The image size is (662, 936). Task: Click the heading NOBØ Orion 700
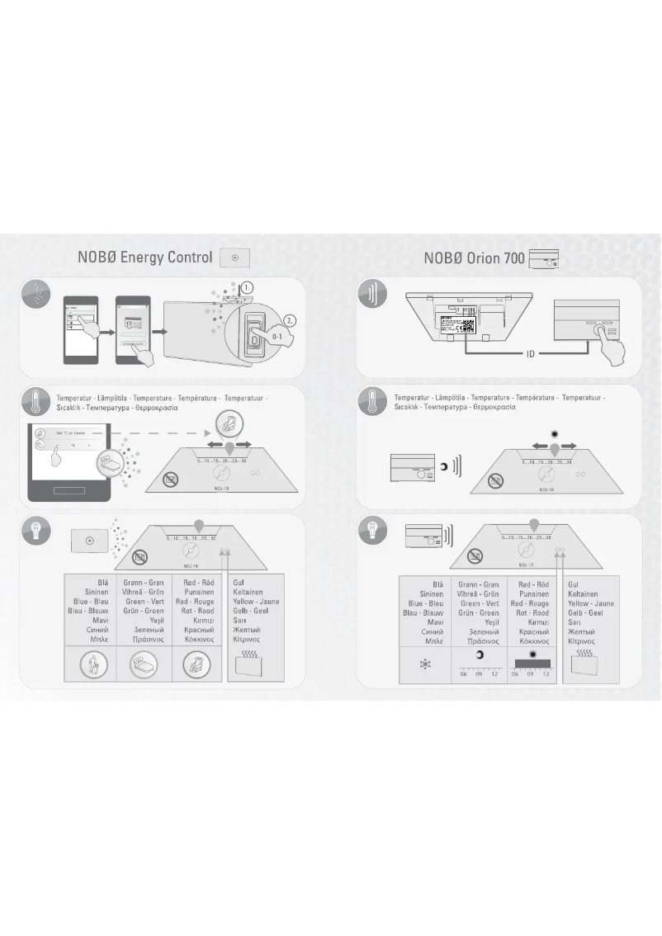tap(472, 258)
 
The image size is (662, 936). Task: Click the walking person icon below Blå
tap(91, 664)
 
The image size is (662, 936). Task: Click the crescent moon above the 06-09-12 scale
tap(479, 655)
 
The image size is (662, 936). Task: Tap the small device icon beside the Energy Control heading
tap(235, 258)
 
